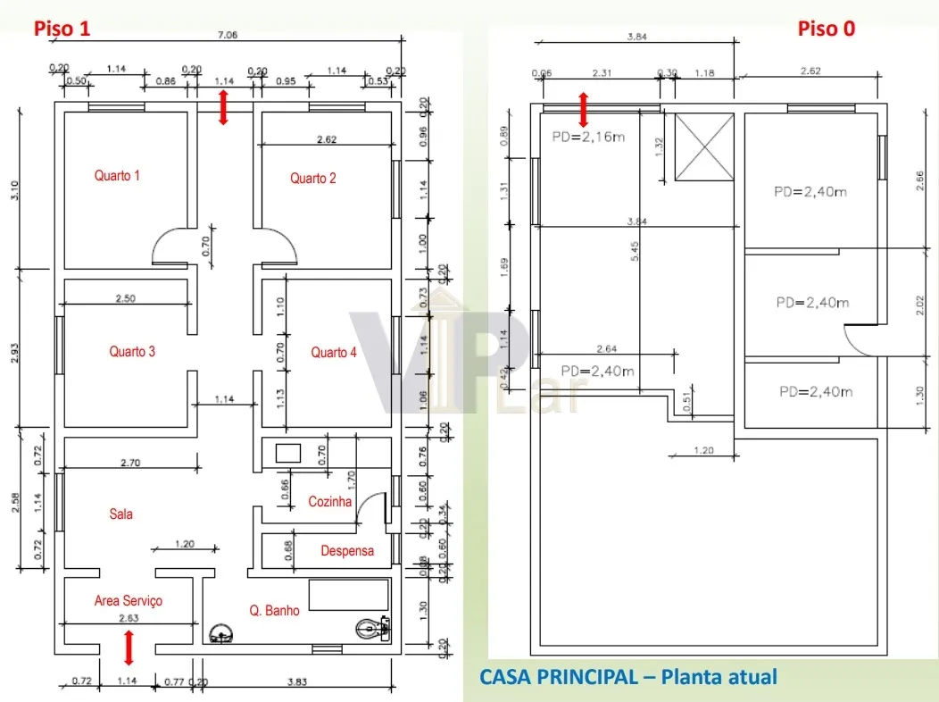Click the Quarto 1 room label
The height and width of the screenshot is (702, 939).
click(x=117, y=176)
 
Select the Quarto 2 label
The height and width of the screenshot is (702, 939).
click(x=313, y=179)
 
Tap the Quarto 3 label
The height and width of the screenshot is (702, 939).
click(x=132, y=352)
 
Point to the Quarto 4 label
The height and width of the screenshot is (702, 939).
click(x=334, y=353)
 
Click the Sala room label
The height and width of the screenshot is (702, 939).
click(x=121, y=514)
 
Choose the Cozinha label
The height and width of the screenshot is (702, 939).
click(x=330, y=502)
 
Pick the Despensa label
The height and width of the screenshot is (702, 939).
click(x=347, y=551)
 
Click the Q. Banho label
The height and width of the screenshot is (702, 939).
click(x=275, y=611)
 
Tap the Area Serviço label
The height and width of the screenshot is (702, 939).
click(x=129, y=601)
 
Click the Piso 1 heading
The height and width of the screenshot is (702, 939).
click(x=62, y=29)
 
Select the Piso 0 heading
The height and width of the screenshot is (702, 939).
click(x=826, y=29)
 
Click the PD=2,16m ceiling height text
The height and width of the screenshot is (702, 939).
click(x=586, y=137)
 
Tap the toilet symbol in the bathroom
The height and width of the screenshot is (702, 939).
click(x=370, y=631)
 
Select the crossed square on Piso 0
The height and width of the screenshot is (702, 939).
click(x=703, y=146)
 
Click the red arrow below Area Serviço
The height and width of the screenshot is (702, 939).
click(x=129, y=648)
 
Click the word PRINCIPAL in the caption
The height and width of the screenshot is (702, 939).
click(x=588, y=677)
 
